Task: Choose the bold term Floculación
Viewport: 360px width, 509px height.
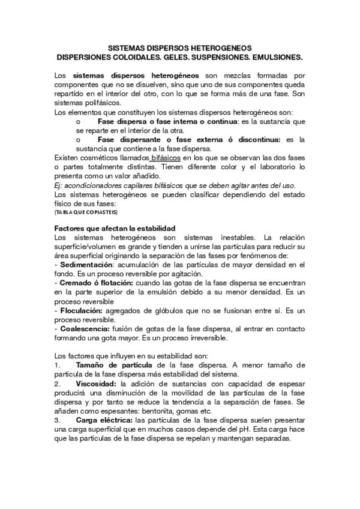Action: click(x=80, y=311)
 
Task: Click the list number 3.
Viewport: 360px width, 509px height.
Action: click(x=56, y=421)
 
